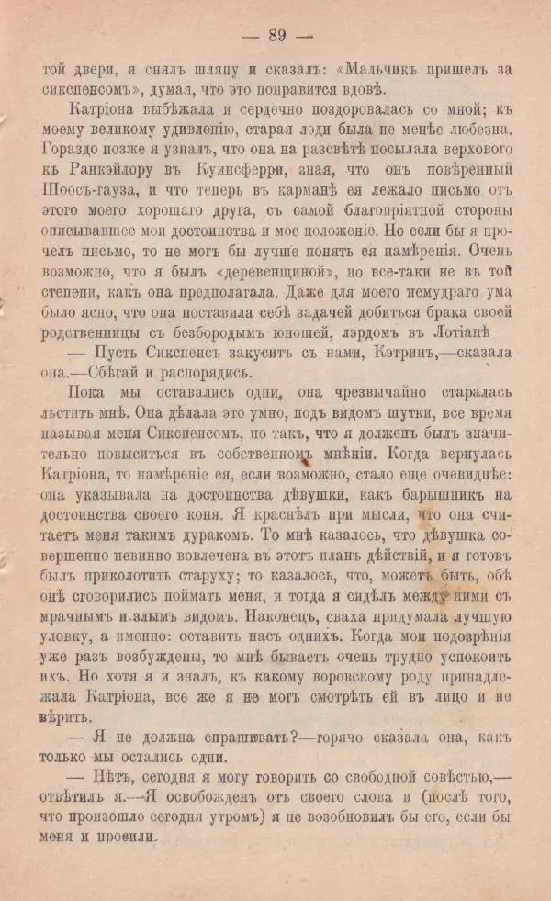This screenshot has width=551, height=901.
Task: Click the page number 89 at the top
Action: (x=275, y=36)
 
